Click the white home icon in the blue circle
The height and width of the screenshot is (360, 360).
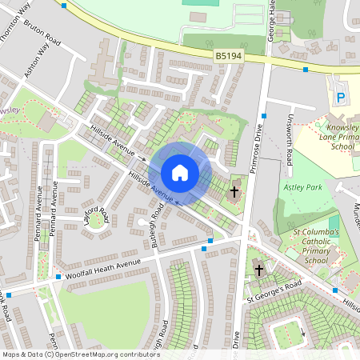180,172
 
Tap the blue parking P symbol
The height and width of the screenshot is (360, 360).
340,98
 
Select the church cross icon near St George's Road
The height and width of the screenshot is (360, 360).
258,270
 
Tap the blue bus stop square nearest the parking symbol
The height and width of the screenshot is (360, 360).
306,70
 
